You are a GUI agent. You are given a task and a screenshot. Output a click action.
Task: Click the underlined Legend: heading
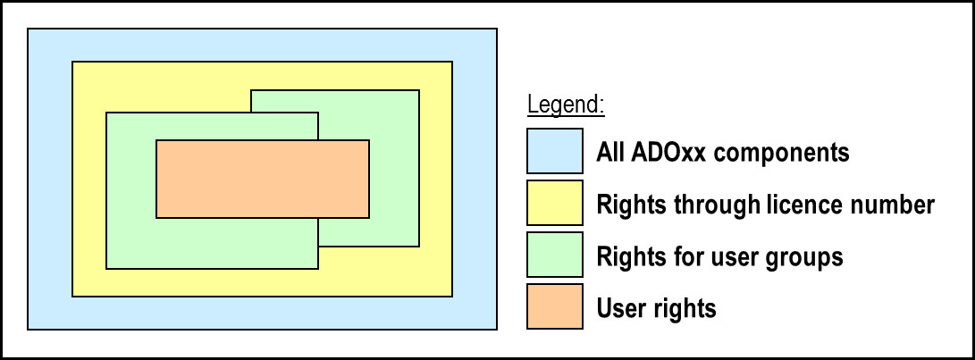click(x=566, y=105)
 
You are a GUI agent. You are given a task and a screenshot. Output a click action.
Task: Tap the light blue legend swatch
click(x=555, y=150)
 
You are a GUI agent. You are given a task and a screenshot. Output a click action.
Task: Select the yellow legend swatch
click(x=555, y=203)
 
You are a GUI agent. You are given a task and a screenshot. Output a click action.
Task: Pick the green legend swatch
click(x=555, y=255)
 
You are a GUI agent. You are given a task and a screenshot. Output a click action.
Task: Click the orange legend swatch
click(x=555, y=306)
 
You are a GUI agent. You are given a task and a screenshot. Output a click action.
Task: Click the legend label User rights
click(x=656, y=308)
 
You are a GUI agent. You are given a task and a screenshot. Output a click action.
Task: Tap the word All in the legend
click(x=610, y=152)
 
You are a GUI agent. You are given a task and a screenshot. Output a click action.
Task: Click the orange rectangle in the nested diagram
click(x=263, y=179)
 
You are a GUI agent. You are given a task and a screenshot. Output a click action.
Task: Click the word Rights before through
click(x=635, y=204)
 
